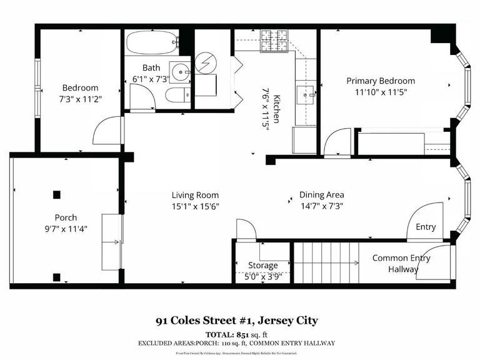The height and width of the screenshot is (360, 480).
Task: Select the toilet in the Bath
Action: click(176, 95)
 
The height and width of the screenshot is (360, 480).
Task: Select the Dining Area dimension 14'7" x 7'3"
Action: click(321, 206)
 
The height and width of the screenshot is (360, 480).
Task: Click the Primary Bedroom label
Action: click(381, 81)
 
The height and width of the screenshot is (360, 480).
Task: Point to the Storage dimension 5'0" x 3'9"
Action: click(262, 276)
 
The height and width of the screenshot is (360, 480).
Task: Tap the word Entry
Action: click(426, 227)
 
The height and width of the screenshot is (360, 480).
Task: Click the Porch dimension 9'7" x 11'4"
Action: click(61, 229)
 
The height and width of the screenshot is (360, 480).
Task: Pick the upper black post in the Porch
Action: click(57, 194)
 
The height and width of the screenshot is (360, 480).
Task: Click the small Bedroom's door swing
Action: click(107, 131)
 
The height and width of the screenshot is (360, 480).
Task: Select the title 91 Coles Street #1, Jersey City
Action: click(237, 321)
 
